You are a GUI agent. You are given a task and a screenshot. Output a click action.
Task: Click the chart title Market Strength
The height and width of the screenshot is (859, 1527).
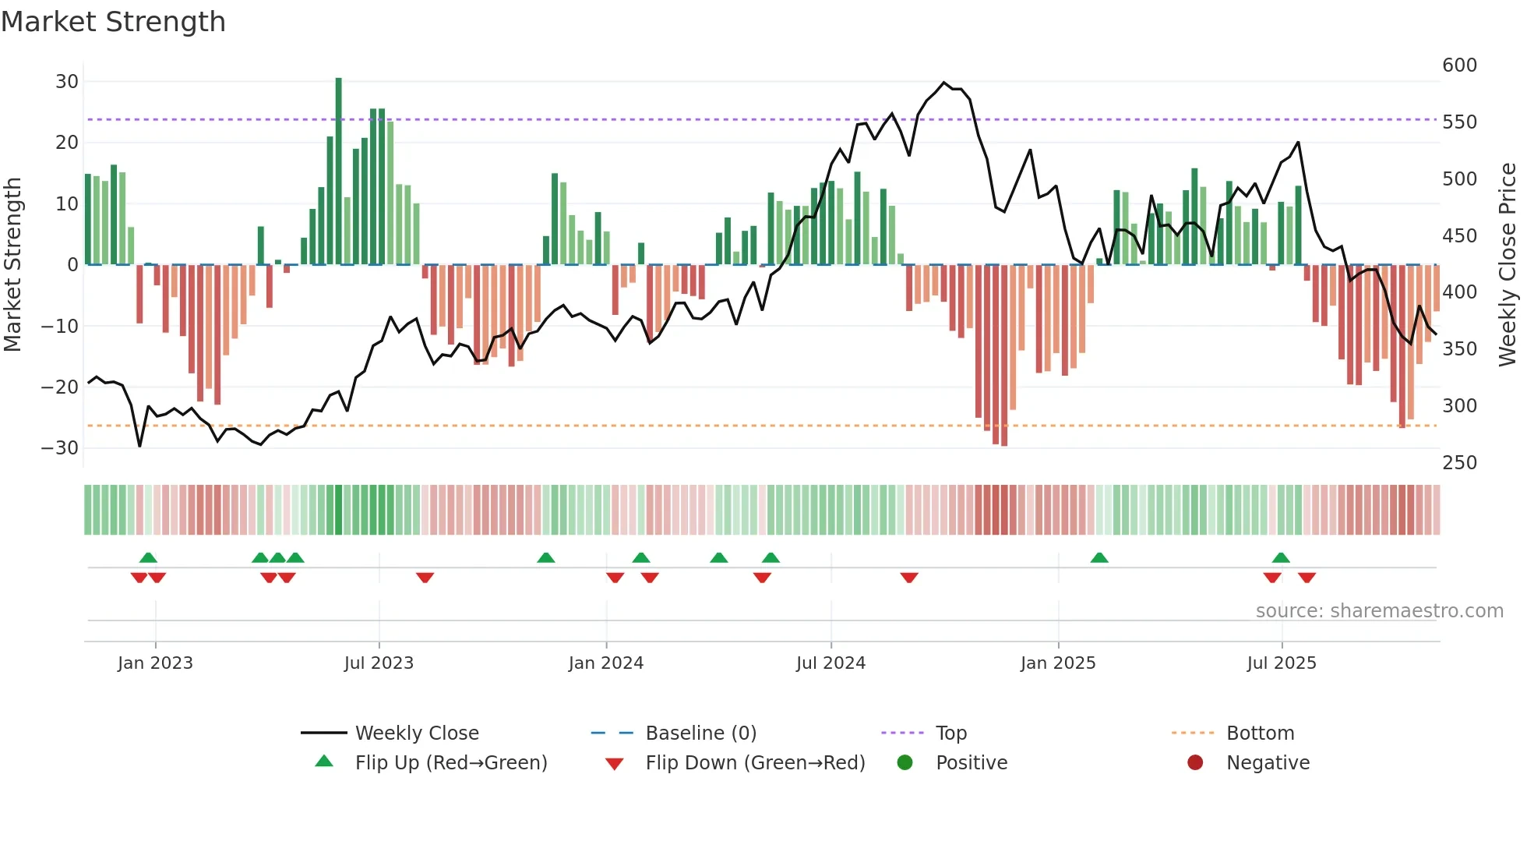[113, 22]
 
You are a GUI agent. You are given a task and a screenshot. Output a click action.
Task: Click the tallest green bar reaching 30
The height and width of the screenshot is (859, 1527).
[338, 171]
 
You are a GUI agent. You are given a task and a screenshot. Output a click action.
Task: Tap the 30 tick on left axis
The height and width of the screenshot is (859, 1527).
[67, 82]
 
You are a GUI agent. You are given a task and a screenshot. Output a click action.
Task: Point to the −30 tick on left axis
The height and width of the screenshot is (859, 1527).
[61, 448]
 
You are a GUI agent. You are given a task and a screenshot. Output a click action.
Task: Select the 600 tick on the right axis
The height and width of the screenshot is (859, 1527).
[1459, 65]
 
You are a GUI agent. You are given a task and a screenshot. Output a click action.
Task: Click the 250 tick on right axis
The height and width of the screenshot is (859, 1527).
[1459, 463]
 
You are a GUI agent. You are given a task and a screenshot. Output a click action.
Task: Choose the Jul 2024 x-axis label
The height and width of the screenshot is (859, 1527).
[831, 663]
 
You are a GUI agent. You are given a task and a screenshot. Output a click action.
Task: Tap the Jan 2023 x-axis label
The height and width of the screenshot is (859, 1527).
[155, 663]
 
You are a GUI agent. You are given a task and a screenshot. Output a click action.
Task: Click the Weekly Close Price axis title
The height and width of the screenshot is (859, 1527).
[1508, 265]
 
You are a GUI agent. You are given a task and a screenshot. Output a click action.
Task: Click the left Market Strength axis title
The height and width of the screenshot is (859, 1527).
[12, 265]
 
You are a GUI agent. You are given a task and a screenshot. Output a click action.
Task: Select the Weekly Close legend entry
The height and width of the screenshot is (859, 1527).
[416, 734]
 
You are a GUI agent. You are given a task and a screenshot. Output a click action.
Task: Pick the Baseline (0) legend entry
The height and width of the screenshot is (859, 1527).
[700, 734]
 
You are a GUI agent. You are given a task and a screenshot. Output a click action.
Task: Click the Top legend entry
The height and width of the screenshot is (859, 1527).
[950, 734]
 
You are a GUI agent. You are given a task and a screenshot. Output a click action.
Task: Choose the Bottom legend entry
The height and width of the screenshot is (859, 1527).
[1260, 734]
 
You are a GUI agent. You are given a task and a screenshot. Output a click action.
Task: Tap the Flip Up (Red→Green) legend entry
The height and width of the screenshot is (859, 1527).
[450, 763]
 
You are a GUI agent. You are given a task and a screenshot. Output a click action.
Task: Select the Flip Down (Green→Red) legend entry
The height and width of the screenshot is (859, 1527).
[754, 763]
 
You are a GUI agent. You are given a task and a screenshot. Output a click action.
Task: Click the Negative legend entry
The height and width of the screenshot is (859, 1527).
[1267, 763]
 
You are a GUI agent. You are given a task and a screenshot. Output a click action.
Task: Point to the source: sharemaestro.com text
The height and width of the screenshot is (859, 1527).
[1379, 611]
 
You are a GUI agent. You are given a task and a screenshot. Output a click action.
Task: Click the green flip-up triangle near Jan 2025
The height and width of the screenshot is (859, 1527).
[1099, 558]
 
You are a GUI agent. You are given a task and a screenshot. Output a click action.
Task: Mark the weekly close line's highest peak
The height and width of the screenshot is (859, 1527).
[943, 83]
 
